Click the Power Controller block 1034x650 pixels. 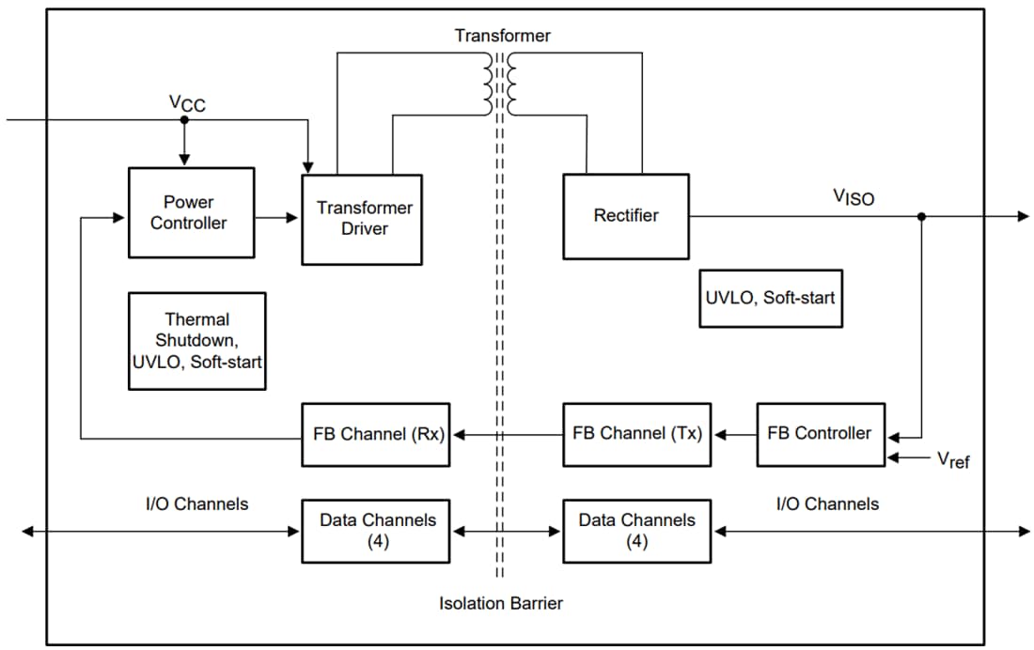pyautogui.click(x=191, y=213)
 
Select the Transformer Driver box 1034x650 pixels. pyautogui.click(x=362, y=219)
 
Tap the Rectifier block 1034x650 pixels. pyautogui.click(x=625, y=216)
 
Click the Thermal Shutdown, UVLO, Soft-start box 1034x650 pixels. pyautogui.click(x=197, y=341)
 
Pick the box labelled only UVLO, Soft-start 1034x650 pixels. pyautogui.click(x=771, y=298)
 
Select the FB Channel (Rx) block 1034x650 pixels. pyautogui.click(x=375, y=434)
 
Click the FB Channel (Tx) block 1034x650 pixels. pyautogui.click(x=637, y=434)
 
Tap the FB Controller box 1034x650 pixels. pyautogui.click(x=820, y=434)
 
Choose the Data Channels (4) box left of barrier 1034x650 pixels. pyautogui.click(x=375, y=531)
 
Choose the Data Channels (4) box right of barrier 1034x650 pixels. pyautogui.click(x=637, y=531)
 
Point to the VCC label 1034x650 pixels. pyautogui.click(x=188, y=104)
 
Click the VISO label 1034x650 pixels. pyautogui.click(x=854, y=196)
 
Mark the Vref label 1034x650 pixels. pyautogui.click(x=953, y=459)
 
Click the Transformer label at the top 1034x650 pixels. pyautogui.click(x=503, y=36)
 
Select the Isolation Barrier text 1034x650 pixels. pyautogui.click(x=501, y=603)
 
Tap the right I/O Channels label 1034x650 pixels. pyautogui.click(x=827, y=504)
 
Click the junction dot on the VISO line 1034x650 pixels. pyautogui.click(x=921, y=216)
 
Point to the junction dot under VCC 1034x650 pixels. pyautogui.click(x=184, y=120)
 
